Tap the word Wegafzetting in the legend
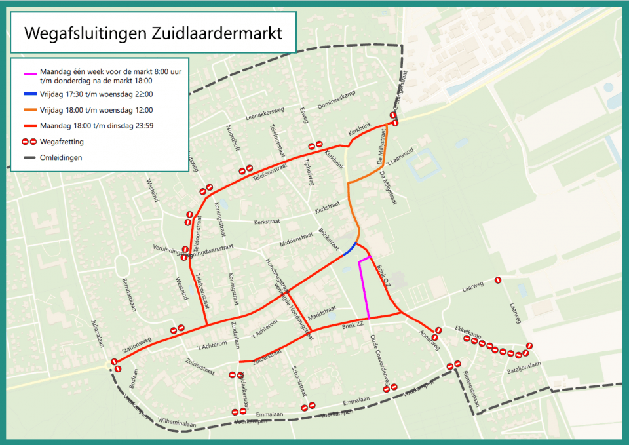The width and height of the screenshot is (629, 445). tap(62, 141)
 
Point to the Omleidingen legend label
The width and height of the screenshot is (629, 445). tap(61, 157)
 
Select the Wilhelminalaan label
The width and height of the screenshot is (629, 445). tap(176, 423)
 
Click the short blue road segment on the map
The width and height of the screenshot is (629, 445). tap(349, 249)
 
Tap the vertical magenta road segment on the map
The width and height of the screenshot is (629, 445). tap(364, 288)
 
